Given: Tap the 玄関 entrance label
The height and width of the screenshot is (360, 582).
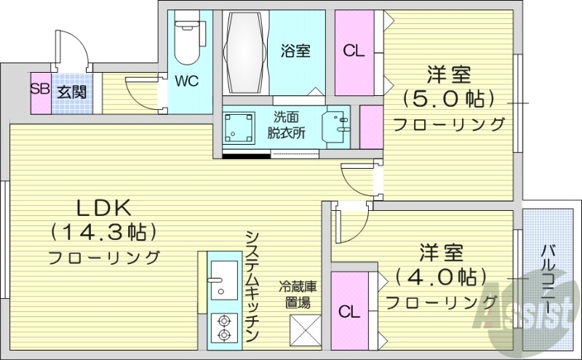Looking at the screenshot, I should click(72, 92).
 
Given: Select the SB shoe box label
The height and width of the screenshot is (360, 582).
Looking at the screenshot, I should click(40, 91).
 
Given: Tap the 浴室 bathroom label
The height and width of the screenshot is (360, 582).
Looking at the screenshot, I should click(296, 51).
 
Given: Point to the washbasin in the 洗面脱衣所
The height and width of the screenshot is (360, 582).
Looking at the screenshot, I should click(337, 127).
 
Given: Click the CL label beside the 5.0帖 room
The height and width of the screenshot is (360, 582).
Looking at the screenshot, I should click(354, 51).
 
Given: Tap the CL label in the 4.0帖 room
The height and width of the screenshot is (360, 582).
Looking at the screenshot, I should click(350, 312).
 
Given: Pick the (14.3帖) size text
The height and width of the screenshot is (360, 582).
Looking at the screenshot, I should click(103, 233).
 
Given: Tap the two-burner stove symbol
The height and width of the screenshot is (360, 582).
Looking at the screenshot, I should click(223, 327).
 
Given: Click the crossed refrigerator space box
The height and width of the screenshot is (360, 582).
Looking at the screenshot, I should click(305, 331).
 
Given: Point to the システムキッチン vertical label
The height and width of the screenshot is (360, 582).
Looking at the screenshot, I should click(252, 284).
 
